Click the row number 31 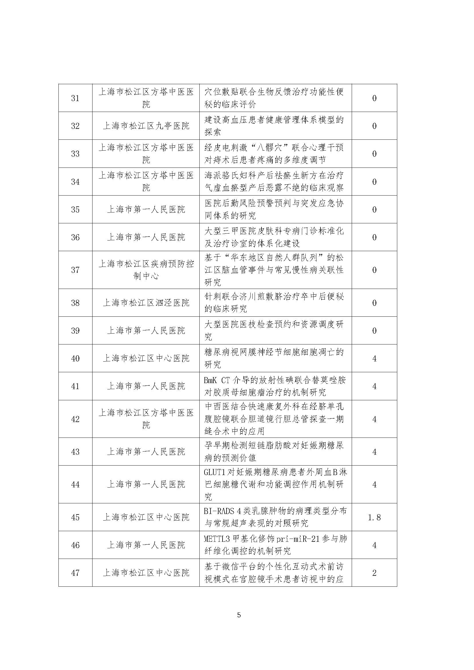[75, 98]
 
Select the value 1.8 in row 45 [374, 517]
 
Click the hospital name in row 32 [146, 126]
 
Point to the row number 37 [75, 270]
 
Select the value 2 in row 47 [374, 573]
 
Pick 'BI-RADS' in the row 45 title [219, 511]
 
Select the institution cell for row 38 [146, 303]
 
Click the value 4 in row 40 [374, 359]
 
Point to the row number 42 [75, 419]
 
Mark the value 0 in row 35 [374, 210]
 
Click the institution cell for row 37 [146, 270]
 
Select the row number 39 [75, 331]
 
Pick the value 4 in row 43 [374, 452]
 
